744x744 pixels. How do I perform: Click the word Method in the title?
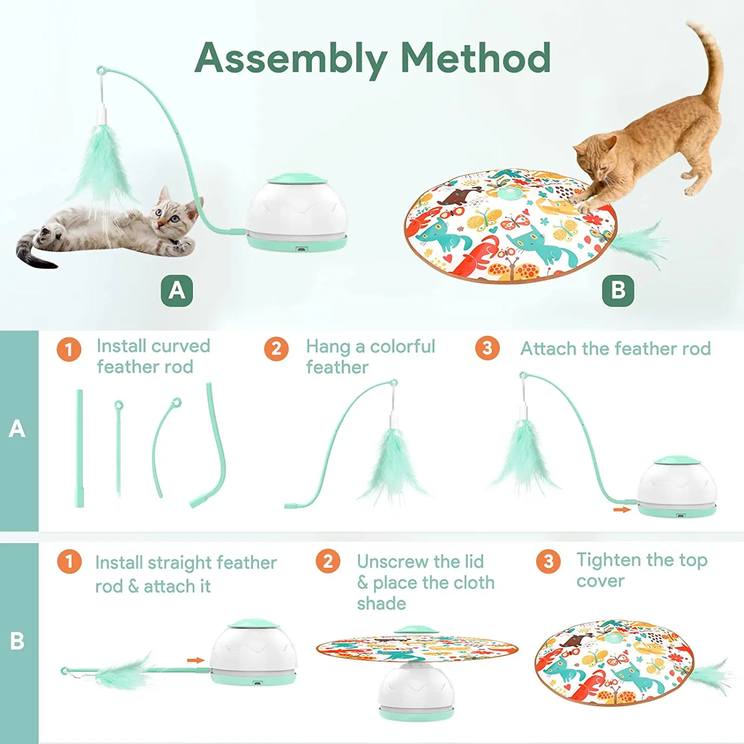click(476, 58)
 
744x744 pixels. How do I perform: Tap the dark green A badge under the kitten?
click(177, 290)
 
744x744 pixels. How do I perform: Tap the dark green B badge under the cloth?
click(618, 290)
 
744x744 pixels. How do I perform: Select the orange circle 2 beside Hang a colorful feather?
click(276, 349)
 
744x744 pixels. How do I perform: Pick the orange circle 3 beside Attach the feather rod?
click(488, 348)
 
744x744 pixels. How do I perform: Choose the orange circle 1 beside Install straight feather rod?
click(69, 561)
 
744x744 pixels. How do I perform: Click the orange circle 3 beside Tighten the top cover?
click(548, 561)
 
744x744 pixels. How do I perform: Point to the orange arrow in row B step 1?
click(195, 660)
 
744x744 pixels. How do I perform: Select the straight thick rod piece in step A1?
click(79, 448)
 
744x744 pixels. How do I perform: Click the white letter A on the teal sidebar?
click(17, 429)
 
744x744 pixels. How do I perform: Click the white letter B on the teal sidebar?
click(17, 641)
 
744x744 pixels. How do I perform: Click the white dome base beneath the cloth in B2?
click(416, 692)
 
